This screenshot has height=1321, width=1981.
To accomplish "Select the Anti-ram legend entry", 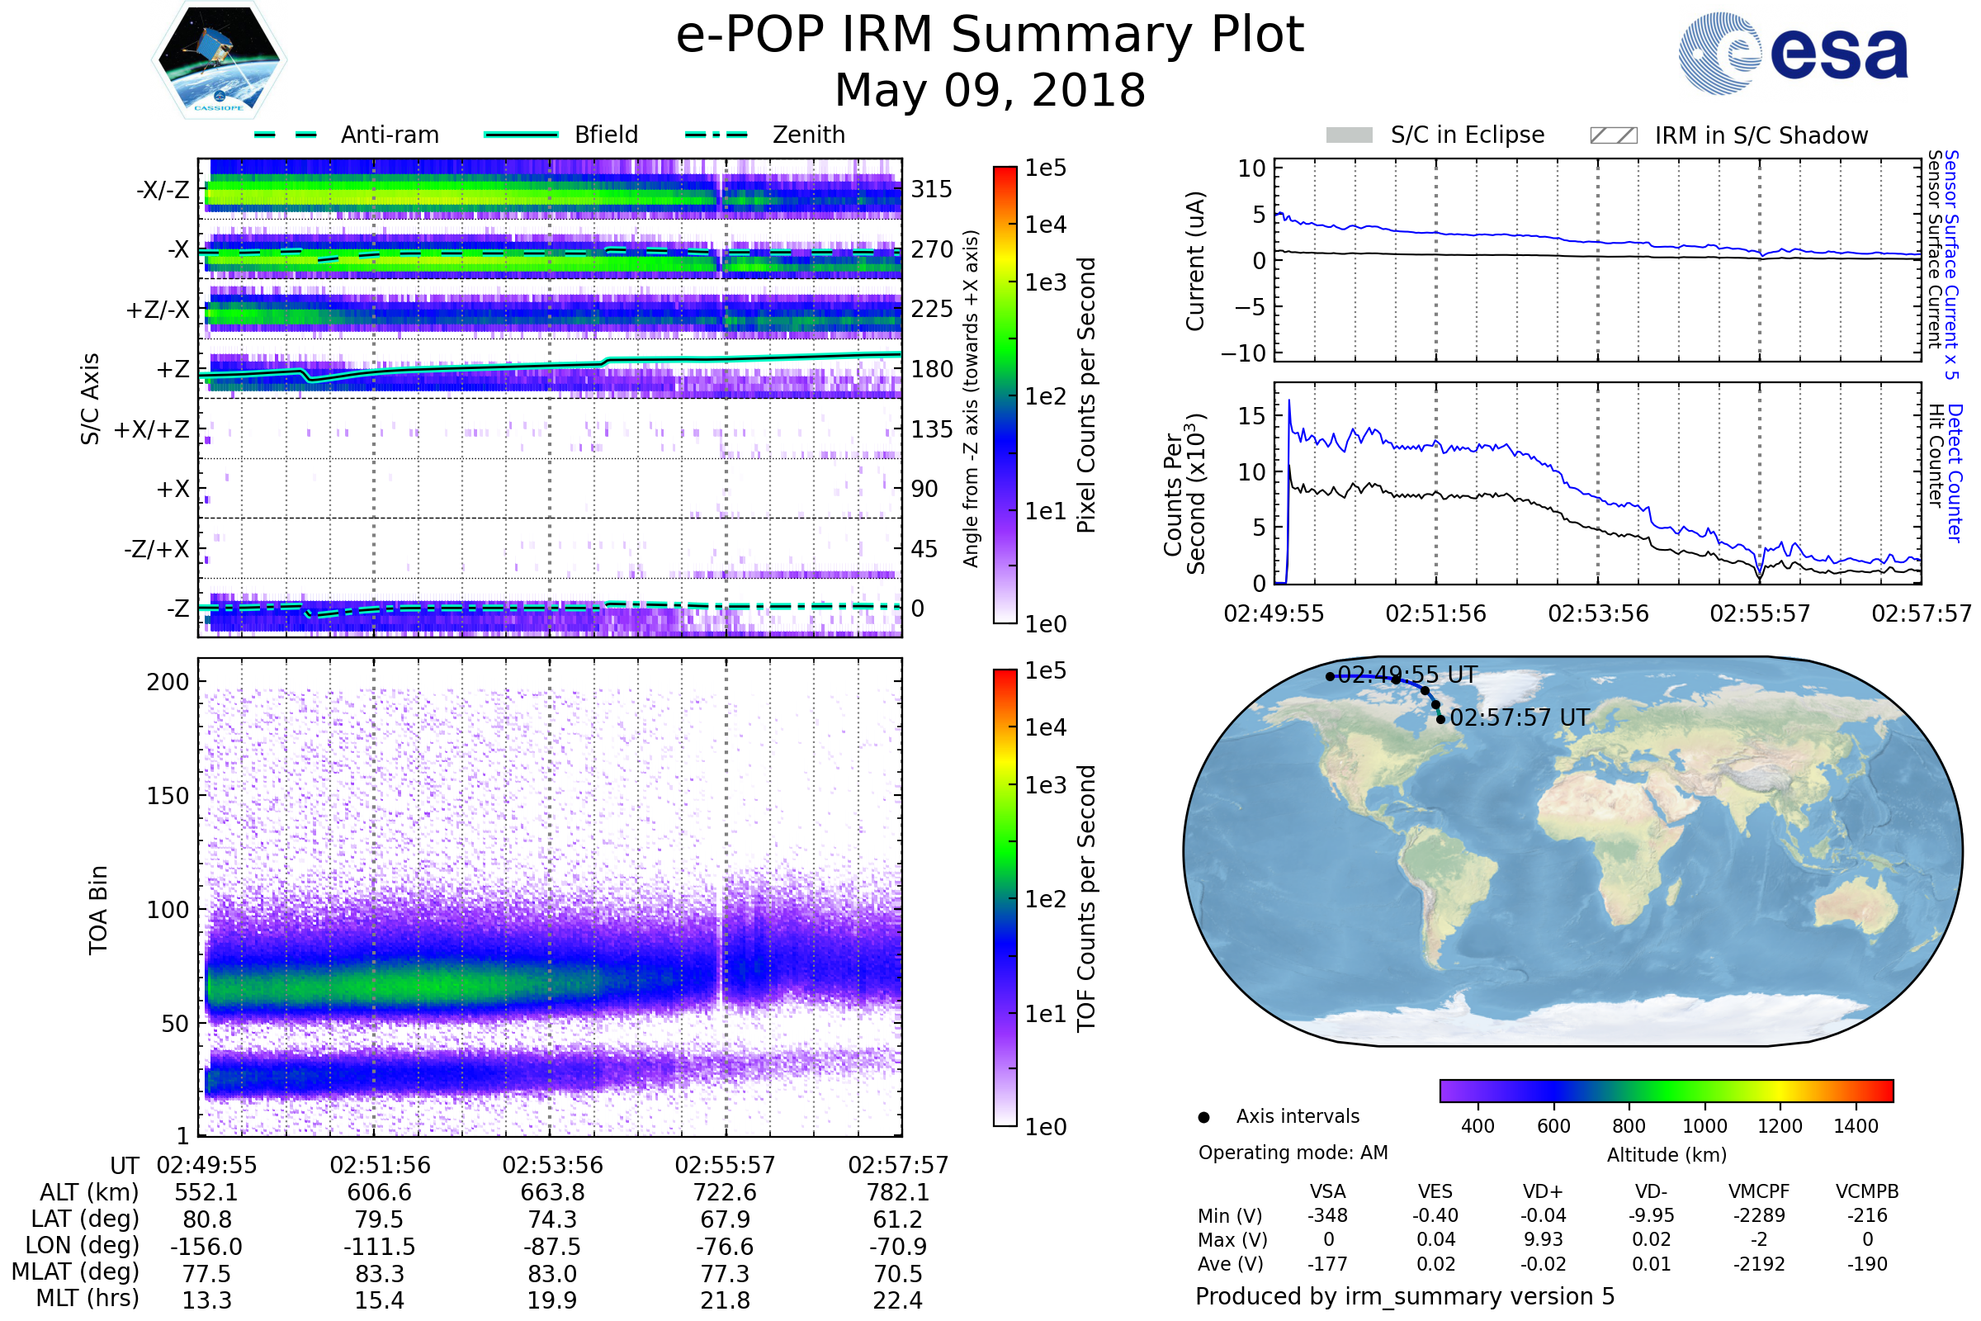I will pos(389,135).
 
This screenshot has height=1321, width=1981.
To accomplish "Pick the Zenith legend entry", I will pos(808,135).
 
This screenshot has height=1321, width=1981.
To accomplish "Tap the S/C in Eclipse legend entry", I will pos(1467,135).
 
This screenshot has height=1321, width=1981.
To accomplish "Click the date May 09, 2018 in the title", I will pos(990,90).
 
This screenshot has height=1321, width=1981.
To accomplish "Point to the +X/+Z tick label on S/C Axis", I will pos(152,429).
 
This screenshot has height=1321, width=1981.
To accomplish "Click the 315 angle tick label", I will pos(932,189).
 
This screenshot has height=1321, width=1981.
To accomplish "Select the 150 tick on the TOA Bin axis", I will pos(168,795).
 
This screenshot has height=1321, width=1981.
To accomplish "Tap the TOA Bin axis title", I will pos(98,909).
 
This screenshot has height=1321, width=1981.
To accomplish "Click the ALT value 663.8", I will pos(552,1192).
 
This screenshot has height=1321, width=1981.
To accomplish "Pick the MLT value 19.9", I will pos(552,1300).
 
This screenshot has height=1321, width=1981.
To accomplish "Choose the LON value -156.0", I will pos(206,1246).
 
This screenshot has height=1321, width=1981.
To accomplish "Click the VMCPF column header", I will pos(1759,1191).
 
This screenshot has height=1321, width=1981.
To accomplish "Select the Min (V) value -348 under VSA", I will pos(1327,1215).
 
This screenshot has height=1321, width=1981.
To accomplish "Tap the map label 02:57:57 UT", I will pos(1520,717).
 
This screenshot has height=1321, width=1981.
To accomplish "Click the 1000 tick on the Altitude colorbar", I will pos(1704,1126).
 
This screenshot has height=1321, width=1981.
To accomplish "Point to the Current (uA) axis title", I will pos(1195,261).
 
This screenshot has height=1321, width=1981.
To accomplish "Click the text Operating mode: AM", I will pos(1293,1153).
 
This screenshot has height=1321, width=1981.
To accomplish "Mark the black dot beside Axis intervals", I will pos(1203,1117).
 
